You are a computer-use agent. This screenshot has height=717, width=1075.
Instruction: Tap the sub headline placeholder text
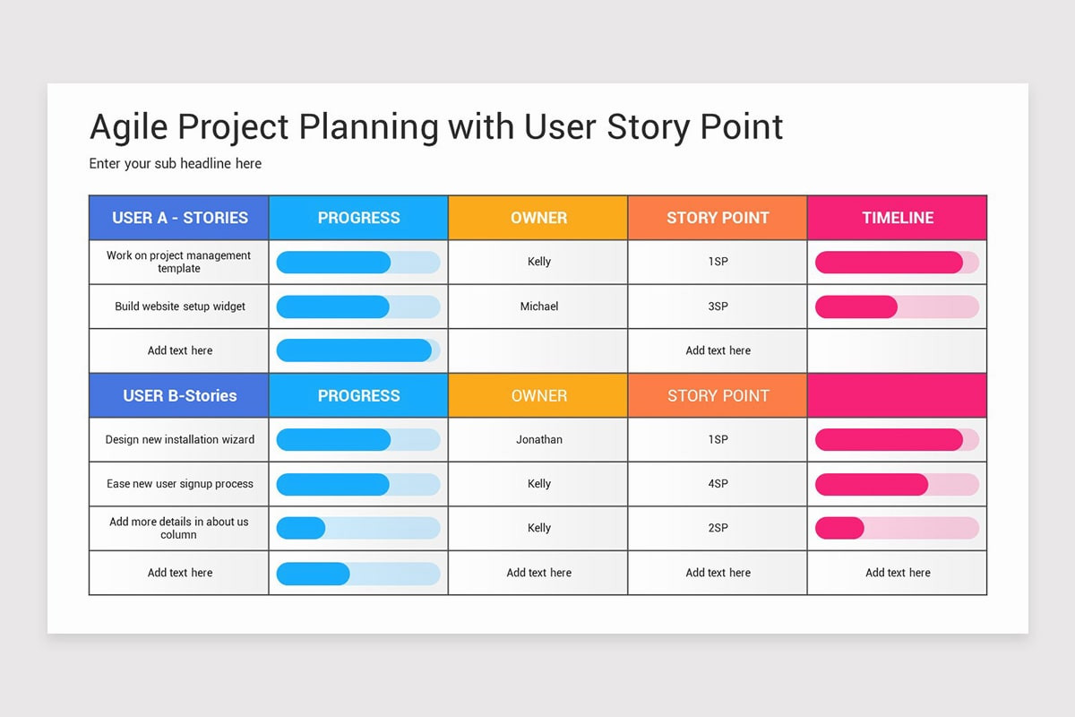coord(176,164)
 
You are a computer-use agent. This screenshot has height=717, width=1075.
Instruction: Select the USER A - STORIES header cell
coord(179,218)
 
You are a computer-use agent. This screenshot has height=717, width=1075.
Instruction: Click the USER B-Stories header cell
coord(179,395)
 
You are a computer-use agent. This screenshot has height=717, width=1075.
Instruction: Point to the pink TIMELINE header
coord(897,218)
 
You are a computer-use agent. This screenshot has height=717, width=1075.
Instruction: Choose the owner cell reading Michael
coord(538,307)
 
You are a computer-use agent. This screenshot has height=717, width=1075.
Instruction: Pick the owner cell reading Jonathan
coord(538,440)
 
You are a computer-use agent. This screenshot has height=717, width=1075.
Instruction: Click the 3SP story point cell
coord(718,307)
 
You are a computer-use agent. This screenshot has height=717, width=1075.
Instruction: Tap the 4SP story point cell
coord(718,484)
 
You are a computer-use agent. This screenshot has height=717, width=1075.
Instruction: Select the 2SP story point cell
coord(718,528)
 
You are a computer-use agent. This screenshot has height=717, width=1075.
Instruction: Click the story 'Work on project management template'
coord(179,262)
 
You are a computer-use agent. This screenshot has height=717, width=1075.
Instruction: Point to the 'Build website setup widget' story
coord(179,307)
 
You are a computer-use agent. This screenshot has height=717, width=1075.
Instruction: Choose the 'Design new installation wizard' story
coord(179,440)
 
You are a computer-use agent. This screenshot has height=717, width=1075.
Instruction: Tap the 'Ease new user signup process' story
coord(179,484)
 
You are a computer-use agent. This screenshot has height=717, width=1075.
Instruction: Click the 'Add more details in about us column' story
coord(179,528)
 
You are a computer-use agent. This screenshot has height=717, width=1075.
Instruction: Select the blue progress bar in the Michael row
coord(333,307)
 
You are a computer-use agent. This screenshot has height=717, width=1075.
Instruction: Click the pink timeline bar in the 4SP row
coord(871,484)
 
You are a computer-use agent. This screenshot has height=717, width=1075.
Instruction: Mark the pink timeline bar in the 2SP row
coord(839,528)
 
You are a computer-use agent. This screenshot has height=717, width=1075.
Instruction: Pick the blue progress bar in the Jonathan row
coord(333,440)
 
